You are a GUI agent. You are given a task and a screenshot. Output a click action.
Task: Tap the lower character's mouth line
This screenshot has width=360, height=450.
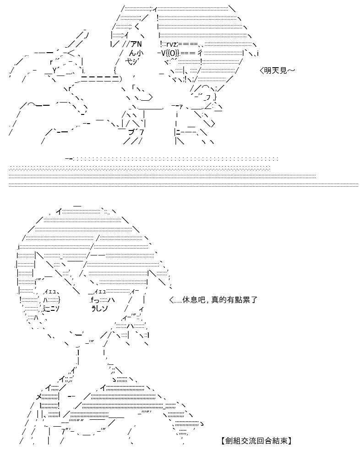coord(76,334)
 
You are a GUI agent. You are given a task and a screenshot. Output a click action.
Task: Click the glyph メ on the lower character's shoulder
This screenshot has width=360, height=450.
coord(39,397)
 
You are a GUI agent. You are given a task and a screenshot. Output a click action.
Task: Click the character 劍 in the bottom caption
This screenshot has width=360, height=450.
coord(228,440)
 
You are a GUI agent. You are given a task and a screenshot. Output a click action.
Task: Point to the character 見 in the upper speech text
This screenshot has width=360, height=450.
coord(283,70)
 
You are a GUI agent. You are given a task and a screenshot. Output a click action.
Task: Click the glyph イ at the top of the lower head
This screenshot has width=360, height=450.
coord(59,212)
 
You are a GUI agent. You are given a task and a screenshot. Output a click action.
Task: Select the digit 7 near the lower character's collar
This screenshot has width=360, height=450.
coord(63,432)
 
